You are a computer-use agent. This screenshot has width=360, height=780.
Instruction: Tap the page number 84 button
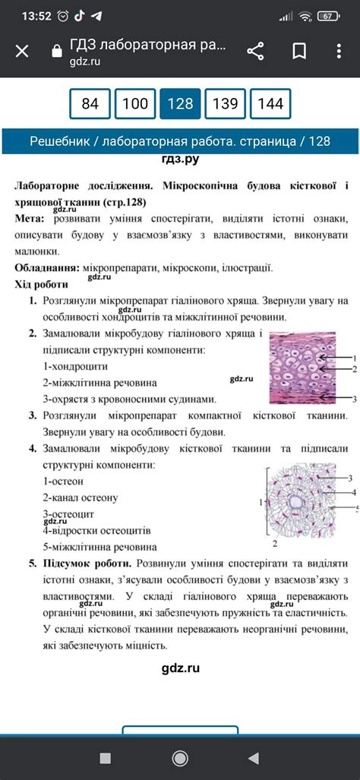[x=90, y=104]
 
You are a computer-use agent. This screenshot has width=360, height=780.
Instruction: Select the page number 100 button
[x=135, y=104]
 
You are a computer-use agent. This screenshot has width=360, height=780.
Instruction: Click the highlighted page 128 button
[x=180, y=104]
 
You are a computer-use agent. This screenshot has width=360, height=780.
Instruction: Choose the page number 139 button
[x=225, y=104]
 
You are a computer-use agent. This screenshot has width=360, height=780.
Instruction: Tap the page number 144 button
[x=270, y=104]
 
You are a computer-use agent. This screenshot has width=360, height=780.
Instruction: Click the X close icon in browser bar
[x=23, y=51]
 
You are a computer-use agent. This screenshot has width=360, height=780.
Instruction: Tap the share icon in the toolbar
[x=255, y=51]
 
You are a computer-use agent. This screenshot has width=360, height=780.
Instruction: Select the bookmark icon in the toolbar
[x=299, y=51]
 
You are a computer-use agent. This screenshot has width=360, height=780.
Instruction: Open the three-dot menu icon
[x=339, y=51]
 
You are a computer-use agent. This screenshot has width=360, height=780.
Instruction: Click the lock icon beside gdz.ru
[x=55, y=52]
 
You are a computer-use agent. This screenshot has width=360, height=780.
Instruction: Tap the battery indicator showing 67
[x=328, y=16]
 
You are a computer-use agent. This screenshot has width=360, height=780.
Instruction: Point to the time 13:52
[x=36, y=16]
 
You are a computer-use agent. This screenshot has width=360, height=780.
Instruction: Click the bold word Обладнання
[x=46, y=268]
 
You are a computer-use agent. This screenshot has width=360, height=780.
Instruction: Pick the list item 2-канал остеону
[x=80, y=497]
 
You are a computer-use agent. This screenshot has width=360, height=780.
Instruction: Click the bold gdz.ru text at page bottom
[x=180, y=668]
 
